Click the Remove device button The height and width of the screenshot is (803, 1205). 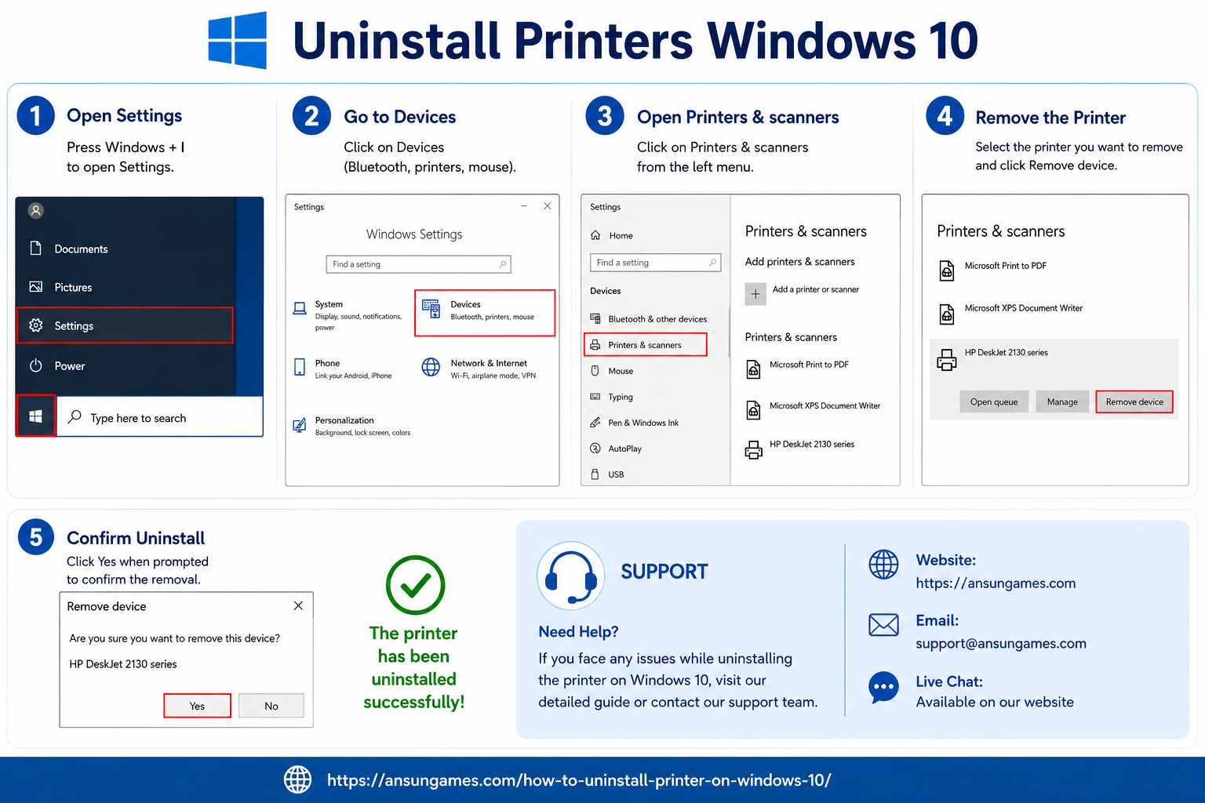tap(1134, 401)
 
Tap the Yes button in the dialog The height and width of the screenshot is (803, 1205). tap(197, 706)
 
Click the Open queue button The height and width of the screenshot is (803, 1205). tap(994, 401)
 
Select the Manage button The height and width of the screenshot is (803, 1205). tap(1062, 401)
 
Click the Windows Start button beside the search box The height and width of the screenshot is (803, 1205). tap(35, 416)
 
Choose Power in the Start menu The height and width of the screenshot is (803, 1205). tap(69, 365)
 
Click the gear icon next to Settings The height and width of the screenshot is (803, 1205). tap(36, 325)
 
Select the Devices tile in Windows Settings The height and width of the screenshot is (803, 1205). tap(485, 313)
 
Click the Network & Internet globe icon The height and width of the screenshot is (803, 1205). tap(431, 367)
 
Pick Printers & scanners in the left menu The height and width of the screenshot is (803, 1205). tap(645, 345)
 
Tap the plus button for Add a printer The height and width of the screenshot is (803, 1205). tap(755, 293)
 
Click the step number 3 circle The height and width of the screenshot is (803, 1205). tap(605, 115)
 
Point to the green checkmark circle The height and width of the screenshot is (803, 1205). tap(415, 585)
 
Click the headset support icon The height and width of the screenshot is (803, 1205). tap(571, 576)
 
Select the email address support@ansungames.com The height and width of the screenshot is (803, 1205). tap(1000, 643)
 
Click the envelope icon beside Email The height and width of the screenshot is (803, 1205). tap(883, 624)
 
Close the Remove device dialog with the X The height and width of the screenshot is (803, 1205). tap(299, 605)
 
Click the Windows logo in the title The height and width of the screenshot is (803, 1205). tap(237, 40)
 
